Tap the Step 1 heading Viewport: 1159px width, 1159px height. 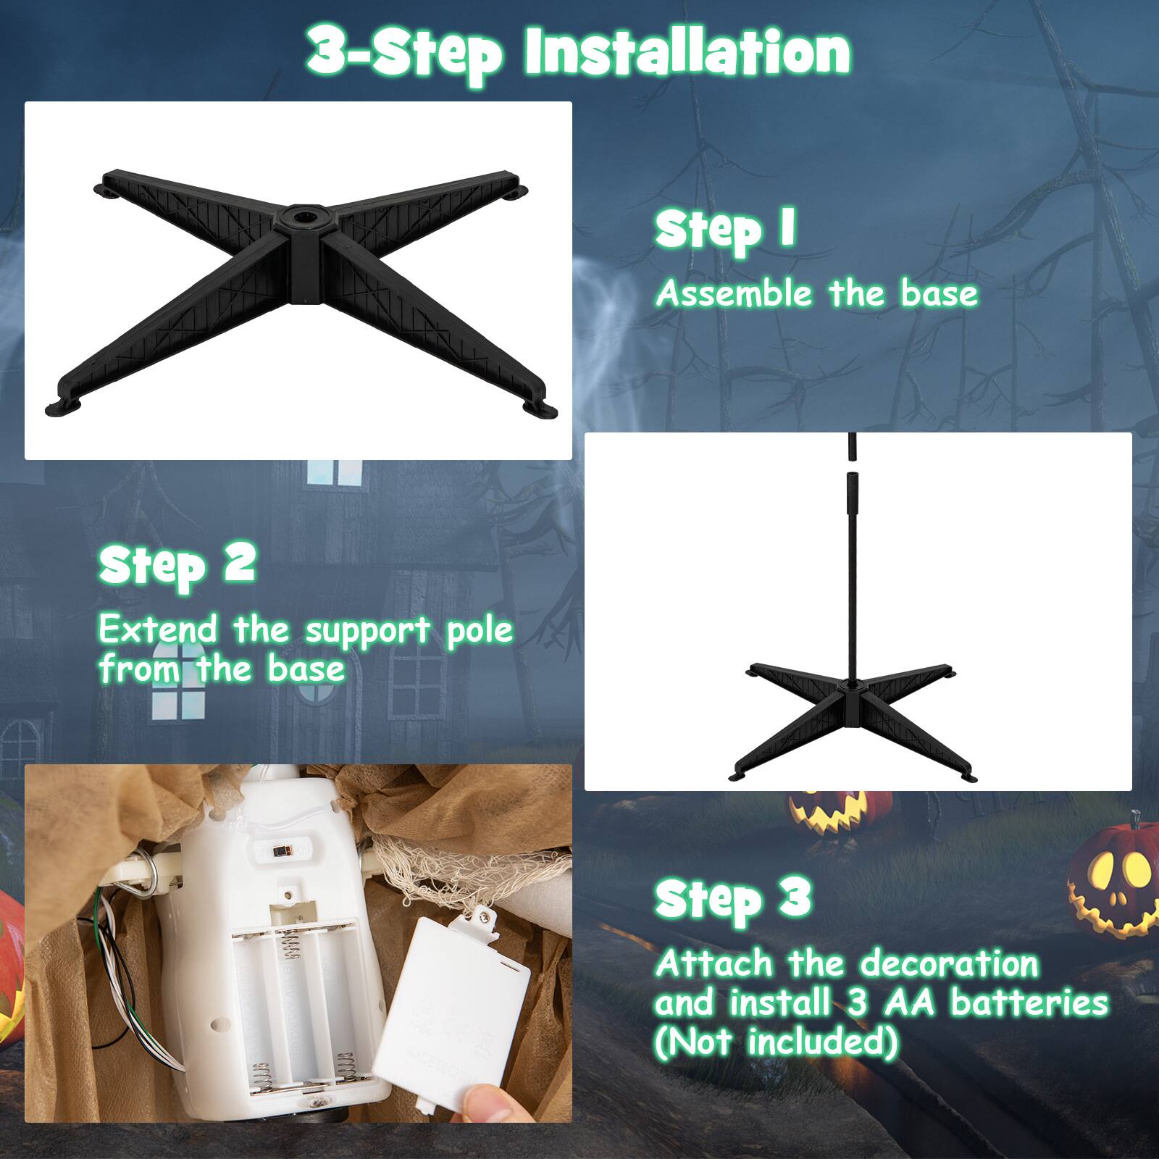725,230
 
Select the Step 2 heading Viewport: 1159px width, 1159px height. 177,564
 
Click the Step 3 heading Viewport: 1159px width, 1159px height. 732,898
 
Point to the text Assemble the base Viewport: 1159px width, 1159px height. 816,294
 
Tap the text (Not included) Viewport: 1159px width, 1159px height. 776,1042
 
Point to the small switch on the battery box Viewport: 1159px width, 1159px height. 283,850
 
